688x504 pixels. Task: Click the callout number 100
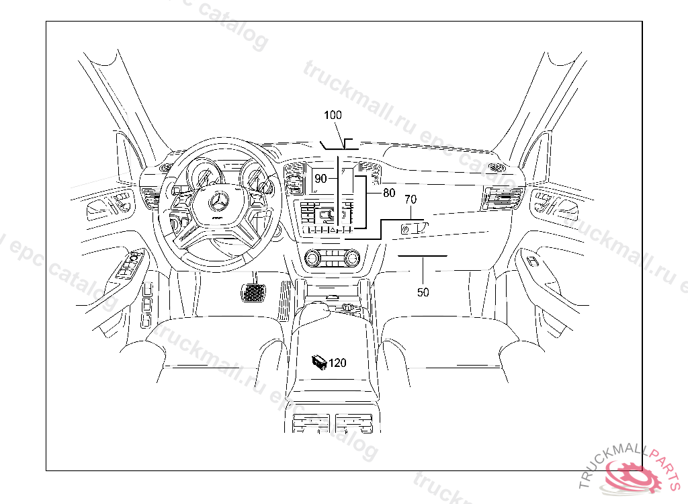point(333,116)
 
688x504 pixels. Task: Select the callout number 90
point(320,179)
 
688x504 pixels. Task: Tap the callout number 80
point(389,193)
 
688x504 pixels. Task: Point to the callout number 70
point(411,200)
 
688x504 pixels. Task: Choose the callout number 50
point(423,292)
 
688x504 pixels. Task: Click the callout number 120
point(337,363)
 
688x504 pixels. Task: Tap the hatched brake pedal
point(253,293)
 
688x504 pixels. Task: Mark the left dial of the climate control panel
point(312,257)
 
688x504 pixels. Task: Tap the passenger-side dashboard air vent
point(501,199)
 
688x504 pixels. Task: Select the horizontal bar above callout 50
point(423,256)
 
